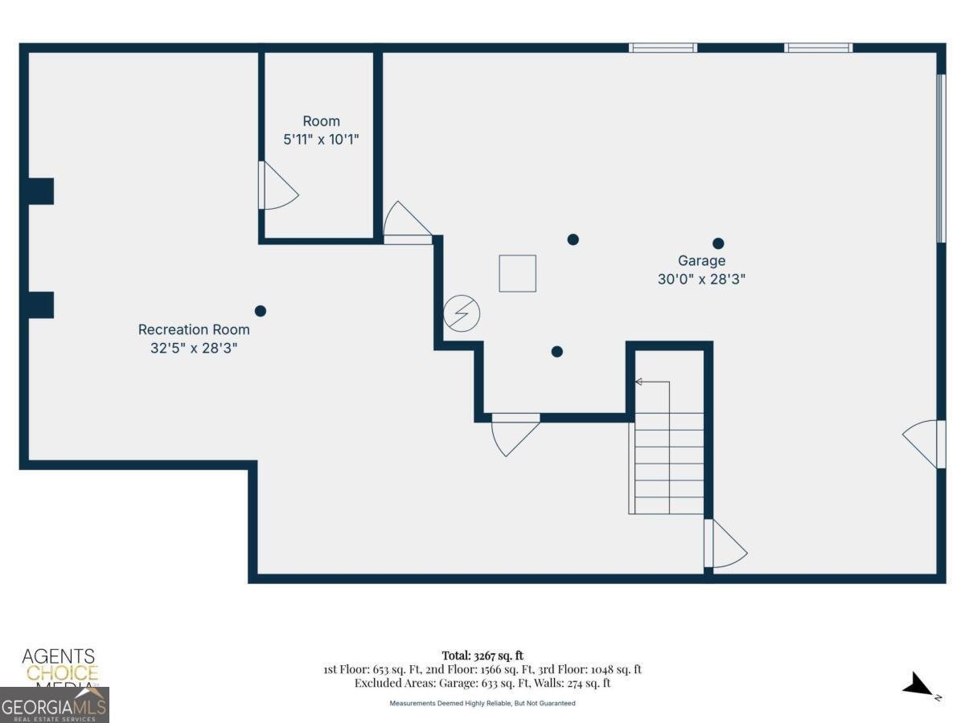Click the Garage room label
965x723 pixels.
click(x=701, y=261)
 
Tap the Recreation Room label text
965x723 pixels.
click(x=194, y=329)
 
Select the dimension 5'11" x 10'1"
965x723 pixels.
click(x=321, y=139)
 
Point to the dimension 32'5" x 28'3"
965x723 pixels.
click(x=194, y=349)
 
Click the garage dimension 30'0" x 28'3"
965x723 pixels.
click(x=701, y=280)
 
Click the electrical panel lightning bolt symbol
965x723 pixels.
click(x=462, y=313)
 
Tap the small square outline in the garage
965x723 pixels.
click(x=517, y=273)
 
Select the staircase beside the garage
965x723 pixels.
click(x=667, y=462)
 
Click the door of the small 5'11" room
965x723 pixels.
click(x=277, y=186)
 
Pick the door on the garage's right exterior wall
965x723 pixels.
click(x=923, y=443)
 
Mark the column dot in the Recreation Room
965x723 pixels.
click(x=260, y=311)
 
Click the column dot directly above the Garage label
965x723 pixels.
click(x=718, y=243)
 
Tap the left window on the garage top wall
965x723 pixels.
click(x=663, y=47)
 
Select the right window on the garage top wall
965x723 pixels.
click(x=818, y=47)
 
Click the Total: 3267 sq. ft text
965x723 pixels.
click(x=482, y=656)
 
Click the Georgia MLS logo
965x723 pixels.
click(x=55, y=705)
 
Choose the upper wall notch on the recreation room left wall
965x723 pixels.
click(x=40, y=191)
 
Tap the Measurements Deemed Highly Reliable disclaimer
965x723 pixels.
click(x=482, y=703)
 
